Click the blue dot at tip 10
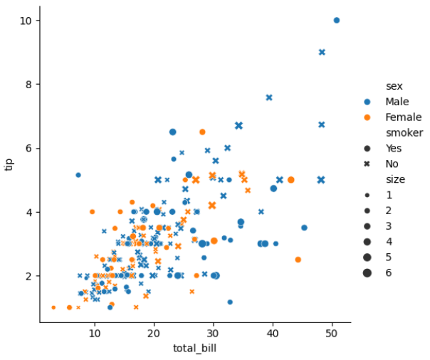click(337, 20)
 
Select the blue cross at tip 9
click(322, 52)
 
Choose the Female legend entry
click(393, 117)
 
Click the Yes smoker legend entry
click(383, 149)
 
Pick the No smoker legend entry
click(381, 164)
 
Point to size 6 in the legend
click(377, 273)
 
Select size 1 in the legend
click(377, 195)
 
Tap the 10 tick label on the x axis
click(95, 333)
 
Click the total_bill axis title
click(194, 348)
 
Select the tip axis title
click(9, 164)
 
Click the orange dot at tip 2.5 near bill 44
click(298, 260)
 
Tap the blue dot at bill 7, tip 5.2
click(78, 175)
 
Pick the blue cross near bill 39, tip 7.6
click(269, 97)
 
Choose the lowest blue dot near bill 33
click(230, 302)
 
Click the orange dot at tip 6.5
click(202, 132)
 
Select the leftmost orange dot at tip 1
click(53, 307)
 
